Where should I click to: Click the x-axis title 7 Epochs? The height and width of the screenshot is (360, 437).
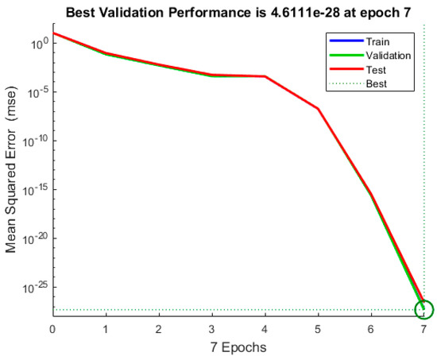coord(238,347)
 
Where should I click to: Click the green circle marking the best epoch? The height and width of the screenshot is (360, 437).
coord(424,309)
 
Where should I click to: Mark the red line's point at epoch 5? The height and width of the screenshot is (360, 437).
coord(318,108)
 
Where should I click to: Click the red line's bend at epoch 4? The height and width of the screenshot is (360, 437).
coord(265,76)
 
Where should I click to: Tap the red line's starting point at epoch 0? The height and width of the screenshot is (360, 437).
coord(53,33)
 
